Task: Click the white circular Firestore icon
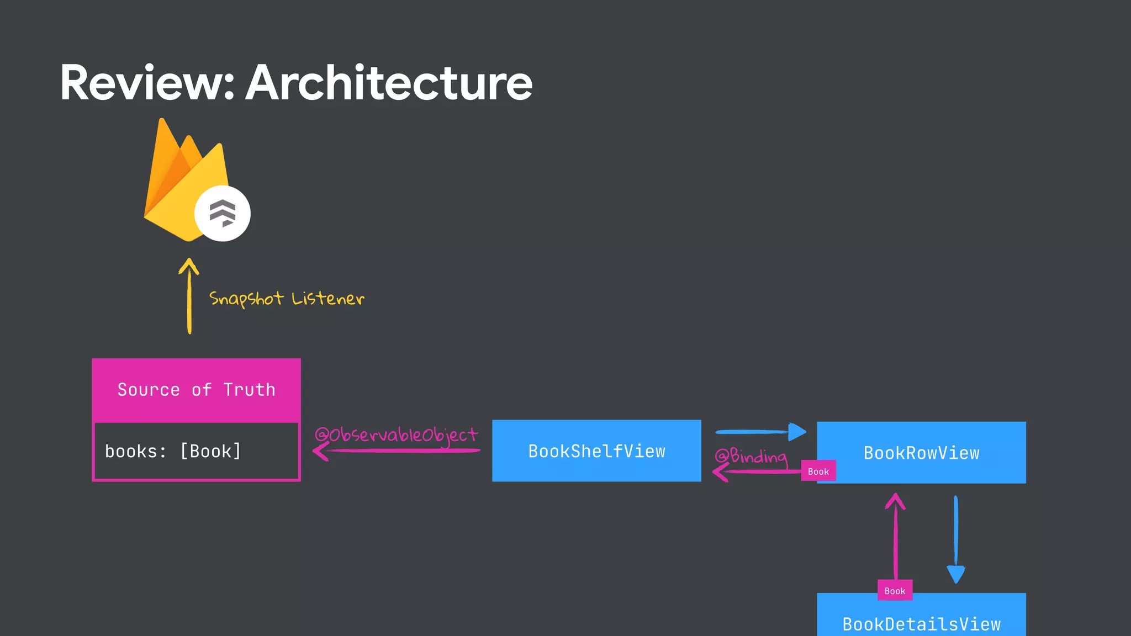(222, 214)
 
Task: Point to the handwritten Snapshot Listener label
(287, 299)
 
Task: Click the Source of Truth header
(196, 390)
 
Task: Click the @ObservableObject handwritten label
(396, 434)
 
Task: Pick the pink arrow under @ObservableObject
(396, 451)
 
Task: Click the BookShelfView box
(596, 451)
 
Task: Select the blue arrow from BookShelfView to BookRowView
(760, 432)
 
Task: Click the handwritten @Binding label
(751, 456)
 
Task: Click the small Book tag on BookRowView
(818, 471)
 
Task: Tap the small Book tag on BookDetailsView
(895, 591)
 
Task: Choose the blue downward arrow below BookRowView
(956, 539)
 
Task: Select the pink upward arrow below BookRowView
(895, 536)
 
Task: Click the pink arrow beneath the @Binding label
(757, 471)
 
